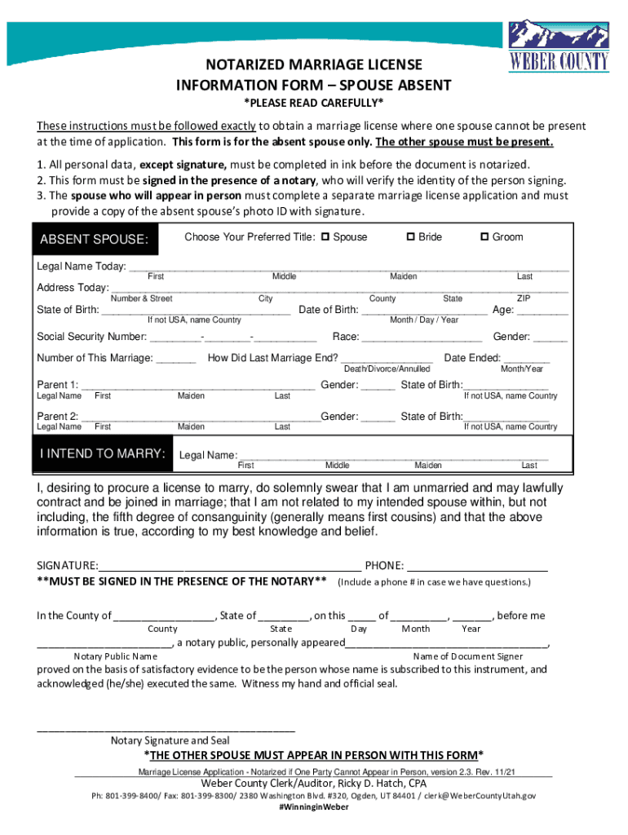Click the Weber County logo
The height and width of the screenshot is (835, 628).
pos(559,46)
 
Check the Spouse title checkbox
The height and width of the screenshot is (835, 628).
pos(325,237)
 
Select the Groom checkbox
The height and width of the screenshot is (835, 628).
pos(484,237)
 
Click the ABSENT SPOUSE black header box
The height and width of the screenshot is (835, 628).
pos(95,239)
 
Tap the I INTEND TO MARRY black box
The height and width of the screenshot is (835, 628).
pos(102,454)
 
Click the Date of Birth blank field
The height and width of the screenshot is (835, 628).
pos(424,310)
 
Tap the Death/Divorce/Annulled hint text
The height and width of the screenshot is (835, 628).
pos(387,369)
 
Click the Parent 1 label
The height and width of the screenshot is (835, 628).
pos(58,385)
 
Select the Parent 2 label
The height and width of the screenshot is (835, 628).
pos(58,417)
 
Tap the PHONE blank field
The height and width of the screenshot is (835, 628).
pos(476,567)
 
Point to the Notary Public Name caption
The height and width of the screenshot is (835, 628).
pos(115,656)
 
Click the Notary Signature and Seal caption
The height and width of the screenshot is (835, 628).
pos(170,740)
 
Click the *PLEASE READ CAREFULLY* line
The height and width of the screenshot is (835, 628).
pos(314,102)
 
